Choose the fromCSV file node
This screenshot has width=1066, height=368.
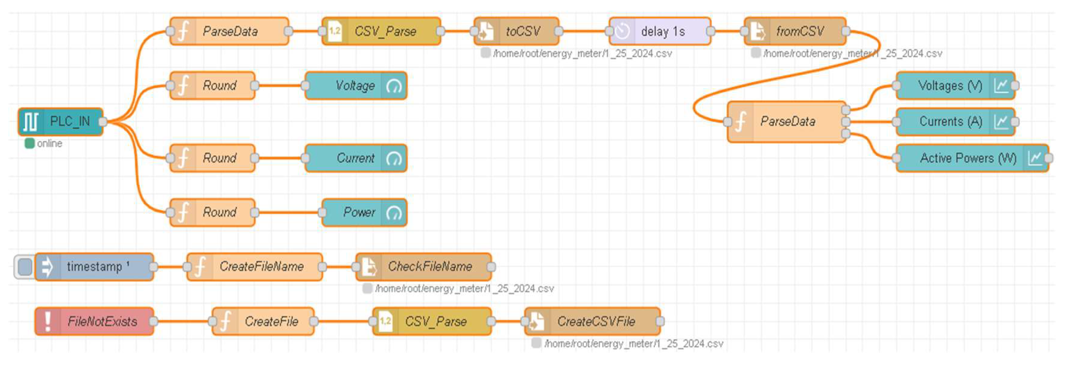point(795,31)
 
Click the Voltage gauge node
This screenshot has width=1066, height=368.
point(356,86)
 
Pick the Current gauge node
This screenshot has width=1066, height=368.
point(356,158)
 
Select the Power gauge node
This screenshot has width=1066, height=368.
point(364,213)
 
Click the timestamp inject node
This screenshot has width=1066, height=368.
point(94,267)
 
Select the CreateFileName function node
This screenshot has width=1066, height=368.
point(255,267)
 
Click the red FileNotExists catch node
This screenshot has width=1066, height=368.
point(94,322)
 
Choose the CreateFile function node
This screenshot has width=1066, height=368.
point(263,322)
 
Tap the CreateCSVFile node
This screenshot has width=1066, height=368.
point(592,322)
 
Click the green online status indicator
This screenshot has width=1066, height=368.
point(29,144)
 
